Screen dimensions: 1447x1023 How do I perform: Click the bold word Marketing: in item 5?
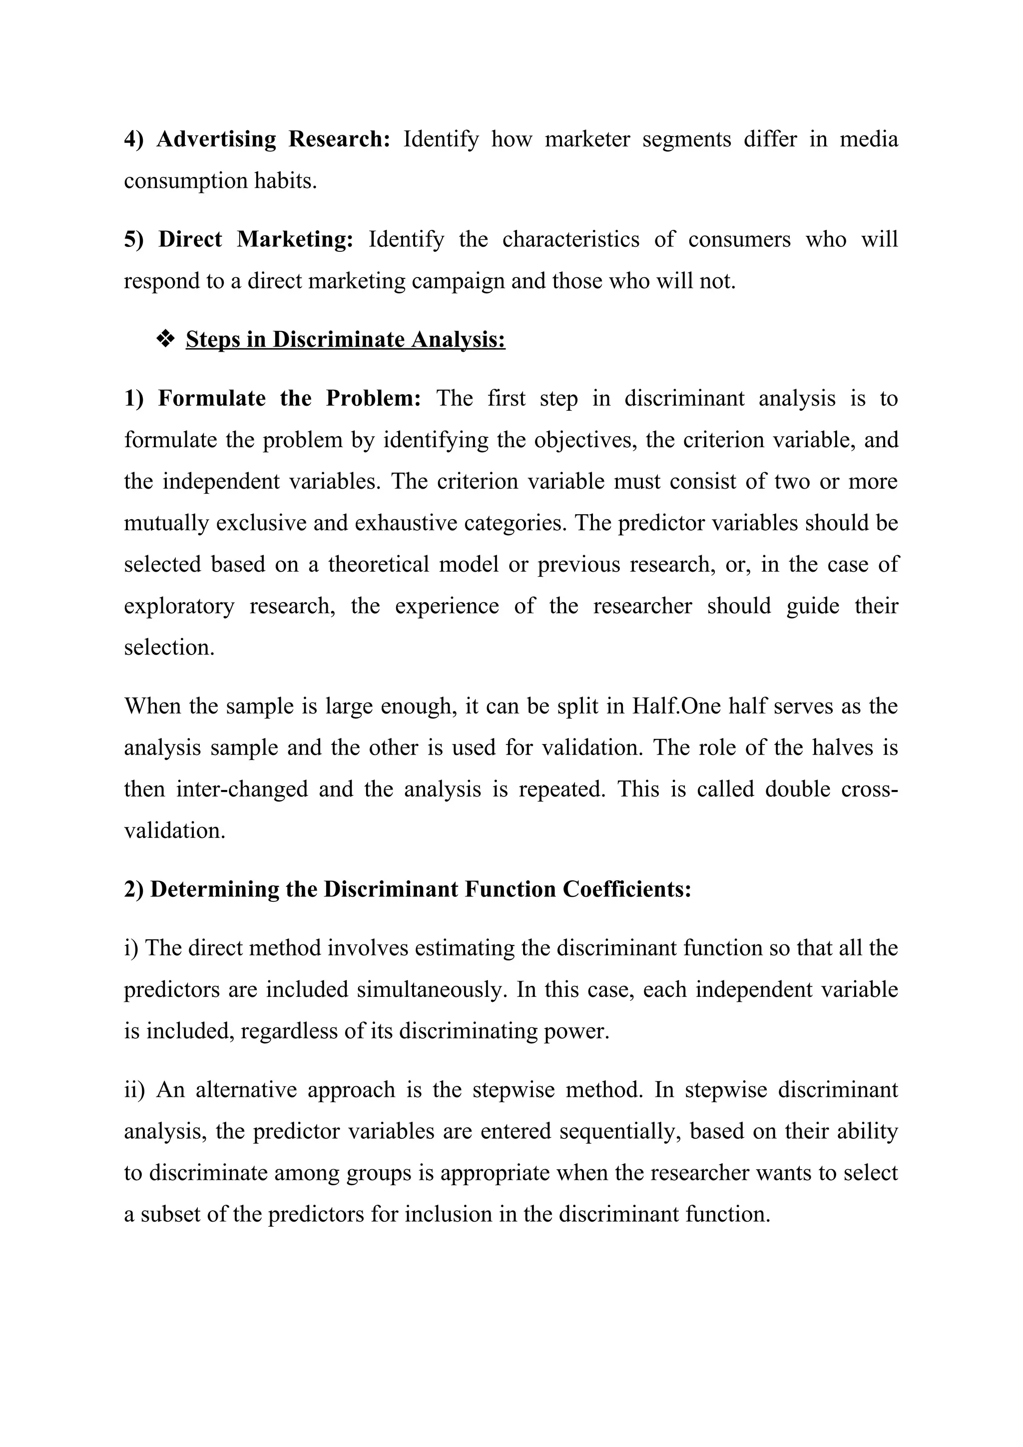(x=295, y=239)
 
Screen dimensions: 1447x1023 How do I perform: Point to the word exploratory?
(x=179, y=606)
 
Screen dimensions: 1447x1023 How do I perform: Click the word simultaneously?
(x=432, y=989)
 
